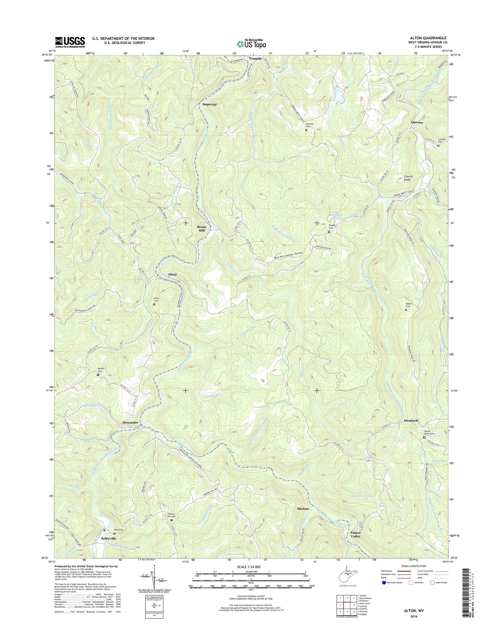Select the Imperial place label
pos(210,104)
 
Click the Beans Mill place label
pos(202,229)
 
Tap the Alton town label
pos(172,274)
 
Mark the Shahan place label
pos(303,509)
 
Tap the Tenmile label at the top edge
pos(256,58)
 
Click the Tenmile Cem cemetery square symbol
pos(306,130)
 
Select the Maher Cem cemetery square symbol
pos(406,310)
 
